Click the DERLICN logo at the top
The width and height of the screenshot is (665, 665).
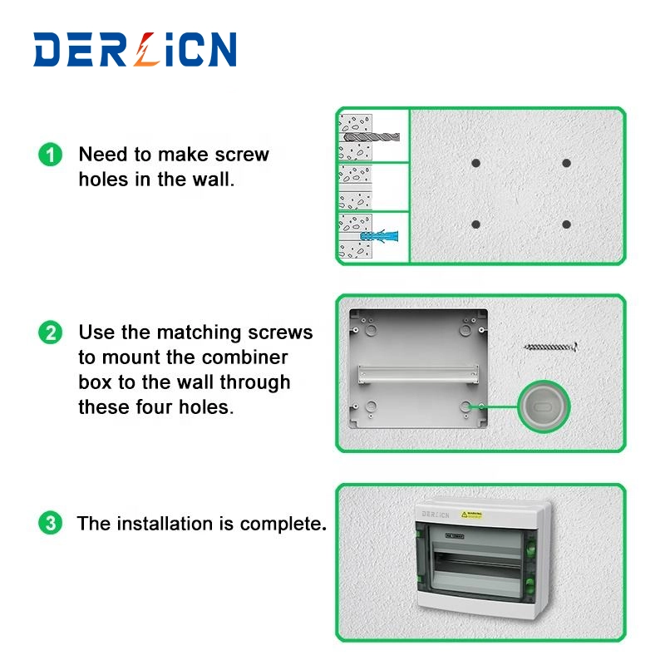pos(135,49)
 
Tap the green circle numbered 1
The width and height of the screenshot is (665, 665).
pos(51,155)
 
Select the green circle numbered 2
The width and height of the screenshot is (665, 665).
pos(51,332)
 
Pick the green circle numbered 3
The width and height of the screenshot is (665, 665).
pos(51,523)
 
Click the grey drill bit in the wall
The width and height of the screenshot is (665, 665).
pos(372,136)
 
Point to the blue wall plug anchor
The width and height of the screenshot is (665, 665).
pos(379,236)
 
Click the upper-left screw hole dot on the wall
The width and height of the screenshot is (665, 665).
pos(475,163)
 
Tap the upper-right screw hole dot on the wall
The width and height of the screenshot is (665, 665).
pos(566,163)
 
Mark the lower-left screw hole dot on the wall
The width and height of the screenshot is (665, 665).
pos(475,224)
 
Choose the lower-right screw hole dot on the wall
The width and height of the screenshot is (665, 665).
pos(566,224)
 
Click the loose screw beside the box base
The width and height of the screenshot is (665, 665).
pos(551,347)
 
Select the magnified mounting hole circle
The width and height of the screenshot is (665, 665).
pos(544,406)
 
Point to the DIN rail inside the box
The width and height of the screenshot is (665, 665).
pos(418,374)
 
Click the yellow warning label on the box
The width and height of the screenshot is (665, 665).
pos(471,515)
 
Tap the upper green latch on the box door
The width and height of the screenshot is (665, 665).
pos(530,548)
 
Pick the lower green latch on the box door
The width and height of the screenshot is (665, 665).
pos(530,587)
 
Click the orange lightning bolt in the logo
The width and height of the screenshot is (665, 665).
pos(145,49)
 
